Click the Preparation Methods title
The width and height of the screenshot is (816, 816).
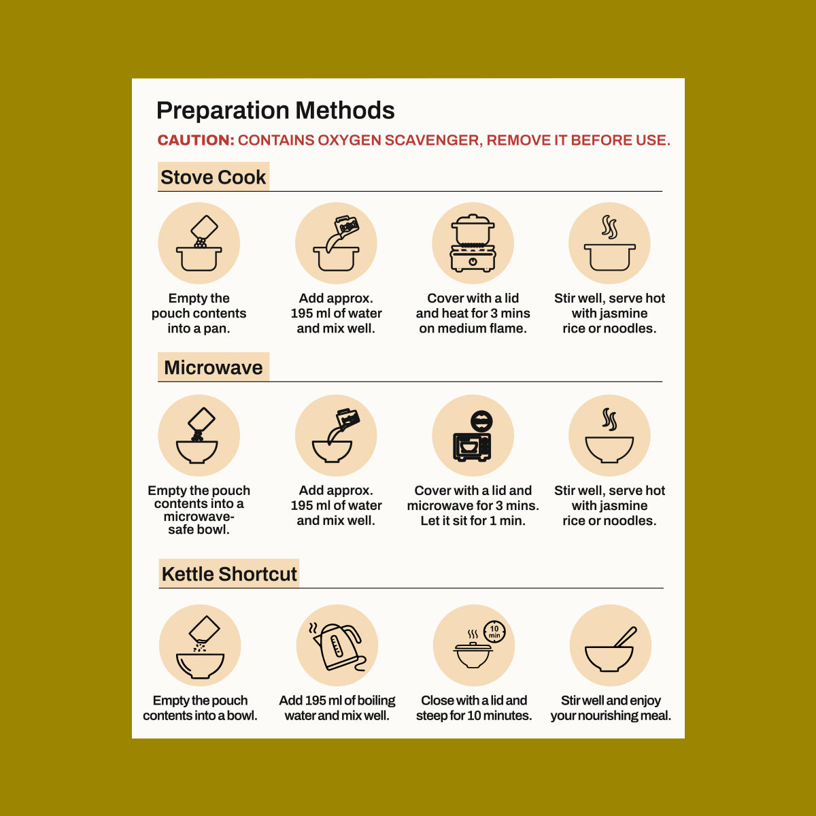275,111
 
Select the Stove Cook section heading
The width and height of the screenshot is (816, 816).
213,177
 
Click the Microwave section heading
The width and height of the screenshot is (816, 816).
213,367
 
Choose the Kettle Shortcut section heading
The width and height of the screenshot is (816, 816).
229,574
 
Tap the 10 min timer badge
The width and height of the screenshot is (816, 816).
494,632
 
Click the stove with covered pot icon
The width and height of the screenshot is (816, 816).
473,243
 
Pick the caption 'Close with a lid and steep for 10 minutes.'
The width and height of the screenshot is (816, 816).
474,708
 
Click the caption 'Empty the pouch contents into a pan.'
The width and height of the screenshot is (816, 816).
199,313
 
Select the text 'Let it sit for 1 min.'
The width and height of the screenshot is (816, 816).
473,520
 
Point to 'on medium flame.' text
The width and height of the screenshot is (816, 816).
473,328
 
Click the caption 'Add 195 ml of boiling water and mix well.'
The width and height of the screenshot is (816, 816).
337,708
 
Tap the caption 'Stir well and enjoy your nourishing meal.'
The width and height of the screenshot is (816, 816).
611,708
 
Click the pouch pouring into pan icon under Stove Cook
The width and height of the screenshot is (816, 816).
199,243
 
